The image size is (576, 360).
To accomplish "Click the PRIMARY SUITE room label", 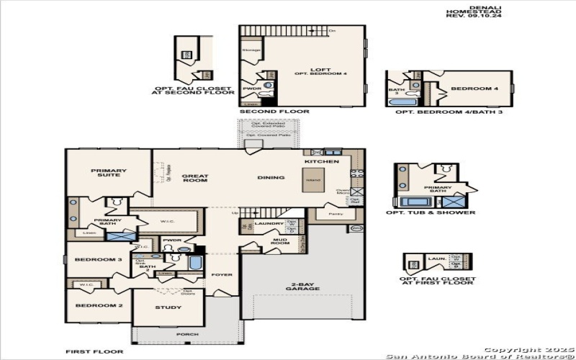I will (109, 174).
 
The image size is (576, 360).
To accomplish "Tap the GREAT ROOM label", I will (194, 178).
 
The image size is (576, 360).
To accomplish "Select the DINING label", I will (272, 177).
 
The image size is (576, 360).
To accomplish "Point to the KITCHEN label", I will (326, 162).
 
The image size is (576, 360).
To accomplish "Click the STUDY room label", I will (168, 307).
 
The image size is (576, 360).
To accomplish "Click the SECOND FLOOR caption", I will (274, 112).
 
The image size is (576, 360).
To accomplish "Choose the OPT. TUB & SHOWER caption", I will (431, 212).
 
